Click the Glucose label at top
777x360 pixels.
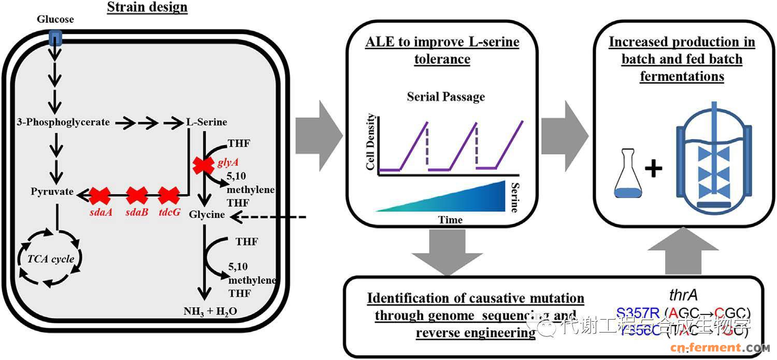click(55, 20)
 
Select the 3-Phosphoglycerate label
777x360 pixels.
click(63, 122)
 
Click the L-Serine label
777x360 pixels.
click(207, 122)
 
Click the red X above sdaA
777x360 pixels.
click(100, 196)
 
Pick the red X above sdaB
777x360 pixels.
click(137, 196)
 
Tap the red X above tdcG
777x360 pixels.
click(168, 196)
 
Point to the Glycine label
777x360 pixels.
click(207, 214)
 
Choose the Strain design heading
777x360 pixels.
click(147, 8)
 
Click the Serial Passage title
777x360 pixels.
click(446, 97)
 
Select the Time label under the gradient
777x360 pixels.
click(450, 220)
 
